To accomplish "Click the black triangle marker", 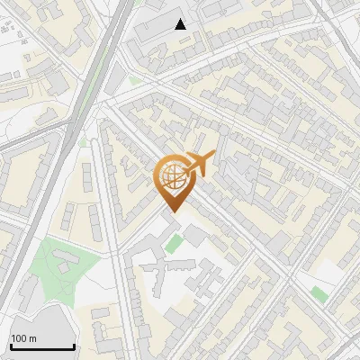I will pos(181,24).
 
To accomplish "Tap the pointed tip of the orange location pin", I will pos(172,211).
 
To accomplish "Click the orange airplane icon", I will pos(197,165).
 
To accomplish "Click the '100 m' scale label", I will pos(23,338).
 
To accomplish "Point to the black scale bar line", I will pos(42,347).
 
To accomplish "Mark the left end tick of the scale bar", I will pos(11,345).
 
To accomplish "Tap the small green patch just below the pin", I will pos(173,243).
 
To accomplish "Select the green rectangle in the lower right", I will pos(319,293).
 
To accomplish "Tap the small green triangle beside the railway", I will pos(84,141).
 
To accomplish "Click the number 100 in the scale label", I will pos(19,338).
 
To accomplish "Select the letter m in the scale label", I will pos(32,338).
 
